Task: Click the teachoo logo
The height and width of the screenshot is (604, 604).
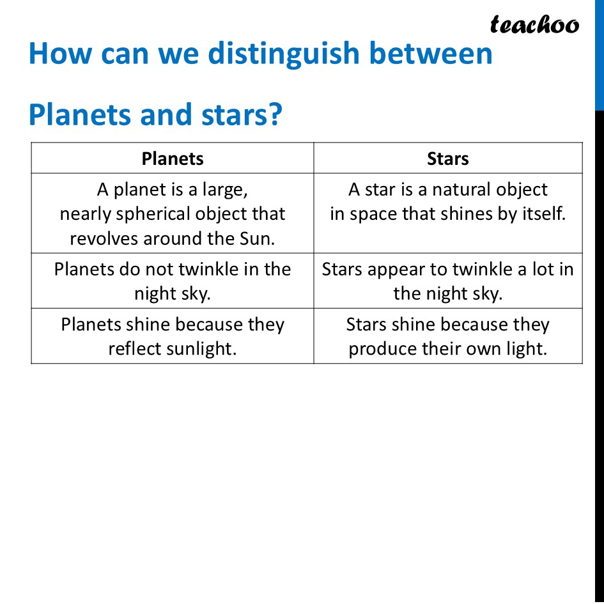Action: [534, 25]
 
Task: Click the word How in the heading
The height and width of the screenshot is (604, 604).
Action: [58, 54]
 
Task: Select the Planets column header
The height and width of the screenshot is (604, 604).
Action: [173, 159]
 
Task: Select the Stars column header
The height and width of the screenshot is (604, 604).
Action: [447, 159]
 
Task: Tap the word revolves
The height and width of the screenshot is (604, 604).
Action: [104, 238]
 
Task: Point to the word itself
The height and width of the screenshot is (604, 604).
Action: [543, 214]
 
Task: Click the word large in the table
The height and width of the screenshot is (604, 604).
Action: [225, 190]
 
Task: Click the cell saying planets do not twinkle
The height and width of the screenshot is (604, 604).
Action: [173, 281]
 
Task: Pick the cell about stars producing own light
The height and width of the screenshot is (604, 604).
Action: [447, 337]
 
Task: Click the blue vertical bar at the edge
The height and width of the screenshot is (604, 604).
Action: [599, 54]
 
